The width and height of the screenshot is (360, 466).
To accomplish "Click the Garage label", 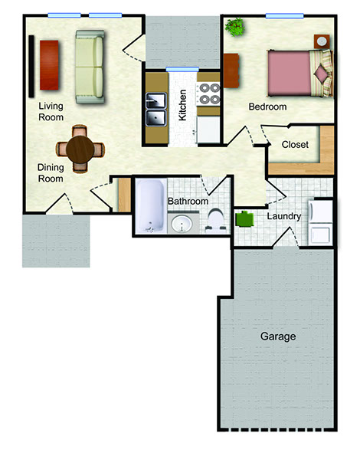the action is coord(278,336).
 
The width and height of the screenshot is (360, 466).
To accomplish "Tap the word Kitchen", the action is coord(182,105).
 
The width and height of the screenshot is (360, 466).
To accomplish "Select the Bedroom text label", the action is coord(267,107).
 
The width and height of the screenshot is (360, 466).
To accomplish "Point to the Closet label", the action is coord(295,144).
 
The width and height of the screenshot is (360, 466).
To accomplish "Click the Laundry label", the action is coord(284,216).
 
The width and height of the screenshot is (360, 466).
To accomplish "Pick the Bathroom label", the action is coord(188,202).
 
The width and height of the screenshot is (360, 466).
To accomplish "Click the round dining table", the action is coord(80,149).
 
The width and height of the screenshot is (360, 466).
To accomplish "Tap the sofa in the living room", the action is coord(90,67).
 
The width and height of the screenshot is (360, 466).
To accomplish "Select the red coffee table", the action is coord(49,65).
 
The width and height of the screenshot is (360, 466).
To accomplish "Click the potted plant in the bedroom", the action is coord(235,27).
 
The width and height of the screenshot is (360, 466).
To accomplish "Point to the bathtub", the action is coord(150,206).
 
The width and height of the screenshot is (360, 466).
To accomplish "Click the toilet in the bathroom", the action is coord(216,220).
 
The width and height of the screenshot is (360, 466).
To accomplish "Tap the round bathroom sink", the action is coord(182,225).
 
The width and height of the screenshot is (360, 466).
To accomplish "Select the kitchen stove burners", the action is coord(209,94).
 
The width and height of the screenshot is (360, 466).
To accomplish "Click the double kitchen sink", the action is coord(156,109).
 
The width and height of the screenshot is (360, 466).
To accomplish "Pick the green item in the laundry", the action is coord(244,218).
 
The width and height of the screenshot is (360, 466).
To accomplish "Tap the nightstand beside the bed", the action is coord(322,41).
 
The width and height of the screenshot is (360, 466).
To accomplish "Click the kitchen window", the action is coord(182,70).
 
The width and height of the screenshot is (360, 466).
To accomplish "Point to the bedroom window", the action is coord(285,16).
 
